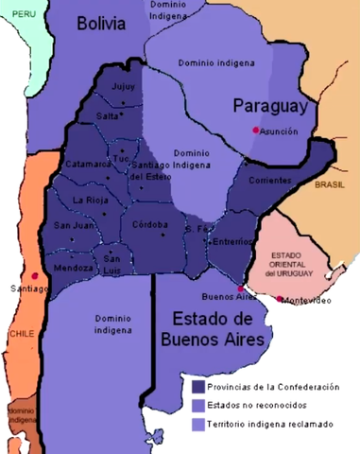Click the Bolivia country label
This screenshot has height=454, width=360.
point(102,24)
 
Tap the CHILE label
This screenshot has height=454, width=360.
point(20,334)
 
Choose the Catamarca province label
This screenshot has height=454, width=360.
point(88,164)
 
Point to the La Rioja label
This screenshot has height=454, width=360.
point(91,200)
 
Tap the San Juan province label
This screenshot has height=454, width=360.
point(73,225)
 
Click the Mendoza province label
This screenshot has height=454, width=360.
point(73,268)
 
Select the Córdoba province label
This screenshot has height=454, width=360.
point(151,224)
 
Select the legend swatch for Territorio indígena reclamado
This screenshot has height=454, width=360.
point(198,425)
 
